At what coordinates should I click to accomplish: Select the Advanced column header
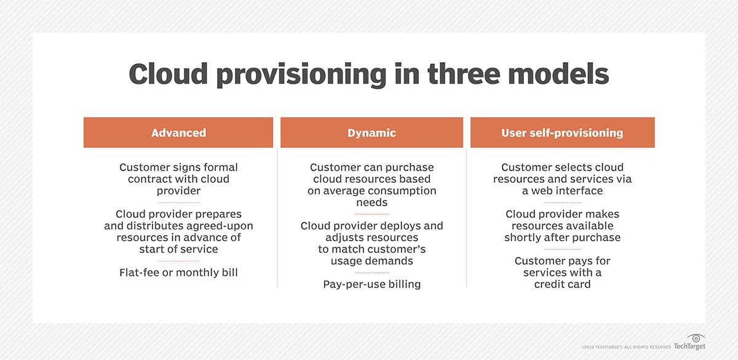click(x=178, y=133)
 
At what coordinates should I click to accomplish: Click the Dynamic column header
click(x=371, y=133)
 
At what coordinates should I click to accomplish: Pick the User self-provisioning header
click(x=562, y=133)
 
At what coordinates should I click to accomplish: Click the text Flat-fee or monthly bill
click(x=178, y=272)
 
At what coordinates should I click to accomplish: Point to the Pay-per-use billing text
click(x=371, y=284)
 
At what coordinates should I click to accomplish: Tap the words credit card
click(x=562, y=284)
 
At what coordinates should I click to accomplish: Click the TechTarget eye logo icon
click(x=697, y=338)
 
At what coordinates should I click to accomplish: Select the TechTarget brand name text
click(x=689, y=348)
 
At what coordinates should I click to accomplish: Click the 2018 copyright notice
click(x=625, y=348)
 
